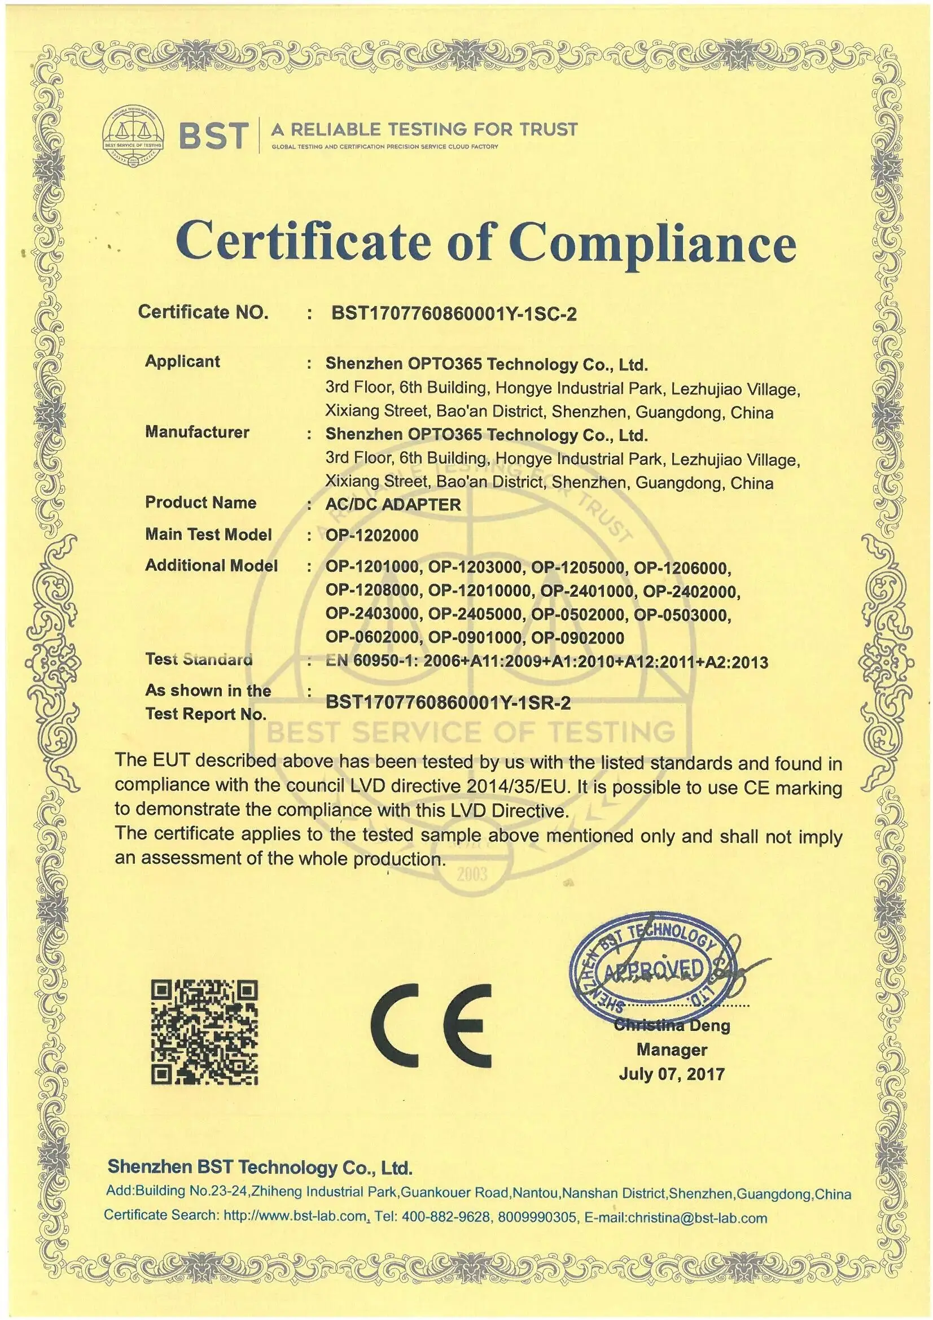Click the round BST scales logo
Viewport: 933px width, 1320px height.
tap(133, 136)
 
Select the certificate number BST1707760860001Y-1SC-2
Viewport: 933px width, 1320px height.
tap(454, 313)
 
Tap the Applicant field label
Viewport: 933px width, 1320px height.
tap(182, 362)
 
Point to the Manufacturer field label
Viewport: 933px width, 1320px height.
tap(197, 432)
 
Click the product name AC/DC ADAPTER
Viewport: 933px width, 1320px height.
tap(393, 504)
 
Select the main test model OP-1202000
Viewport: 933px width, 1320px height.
tap(372, 535)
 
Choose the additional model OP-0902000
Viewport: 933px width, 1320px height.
tap(577, 637)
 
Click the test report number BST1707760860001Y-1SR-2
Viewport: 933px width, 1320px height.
tap(448, 702)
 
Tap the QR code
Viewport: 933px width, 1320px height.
tap(204, 1033)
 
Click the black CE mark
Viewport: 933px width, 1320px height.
tap(431, 1025)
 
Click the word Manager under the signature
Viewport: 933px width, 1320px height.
tap(672, 1049)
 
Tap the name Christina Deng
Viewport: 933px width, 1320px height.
tap(672, 1025)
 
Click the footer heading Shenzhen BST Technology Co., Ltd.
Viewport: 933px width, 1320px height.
tap(260, 1166)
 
